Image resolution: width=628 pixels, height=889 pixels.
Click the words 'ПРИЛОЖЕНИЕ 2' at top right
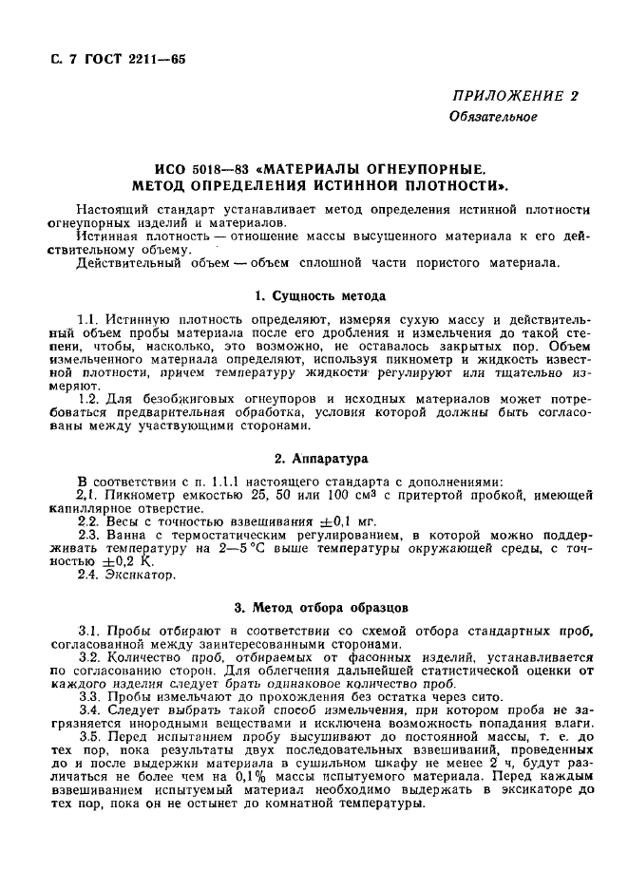(515, 96)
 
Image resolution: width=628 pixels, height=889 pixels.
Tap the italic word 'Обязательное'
(493, 118)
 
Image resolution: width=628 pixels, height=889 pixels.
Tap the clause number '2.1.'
(87, 495)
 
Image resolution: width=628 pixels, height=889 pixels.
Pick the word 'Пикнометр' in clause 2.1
(141, 495)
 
